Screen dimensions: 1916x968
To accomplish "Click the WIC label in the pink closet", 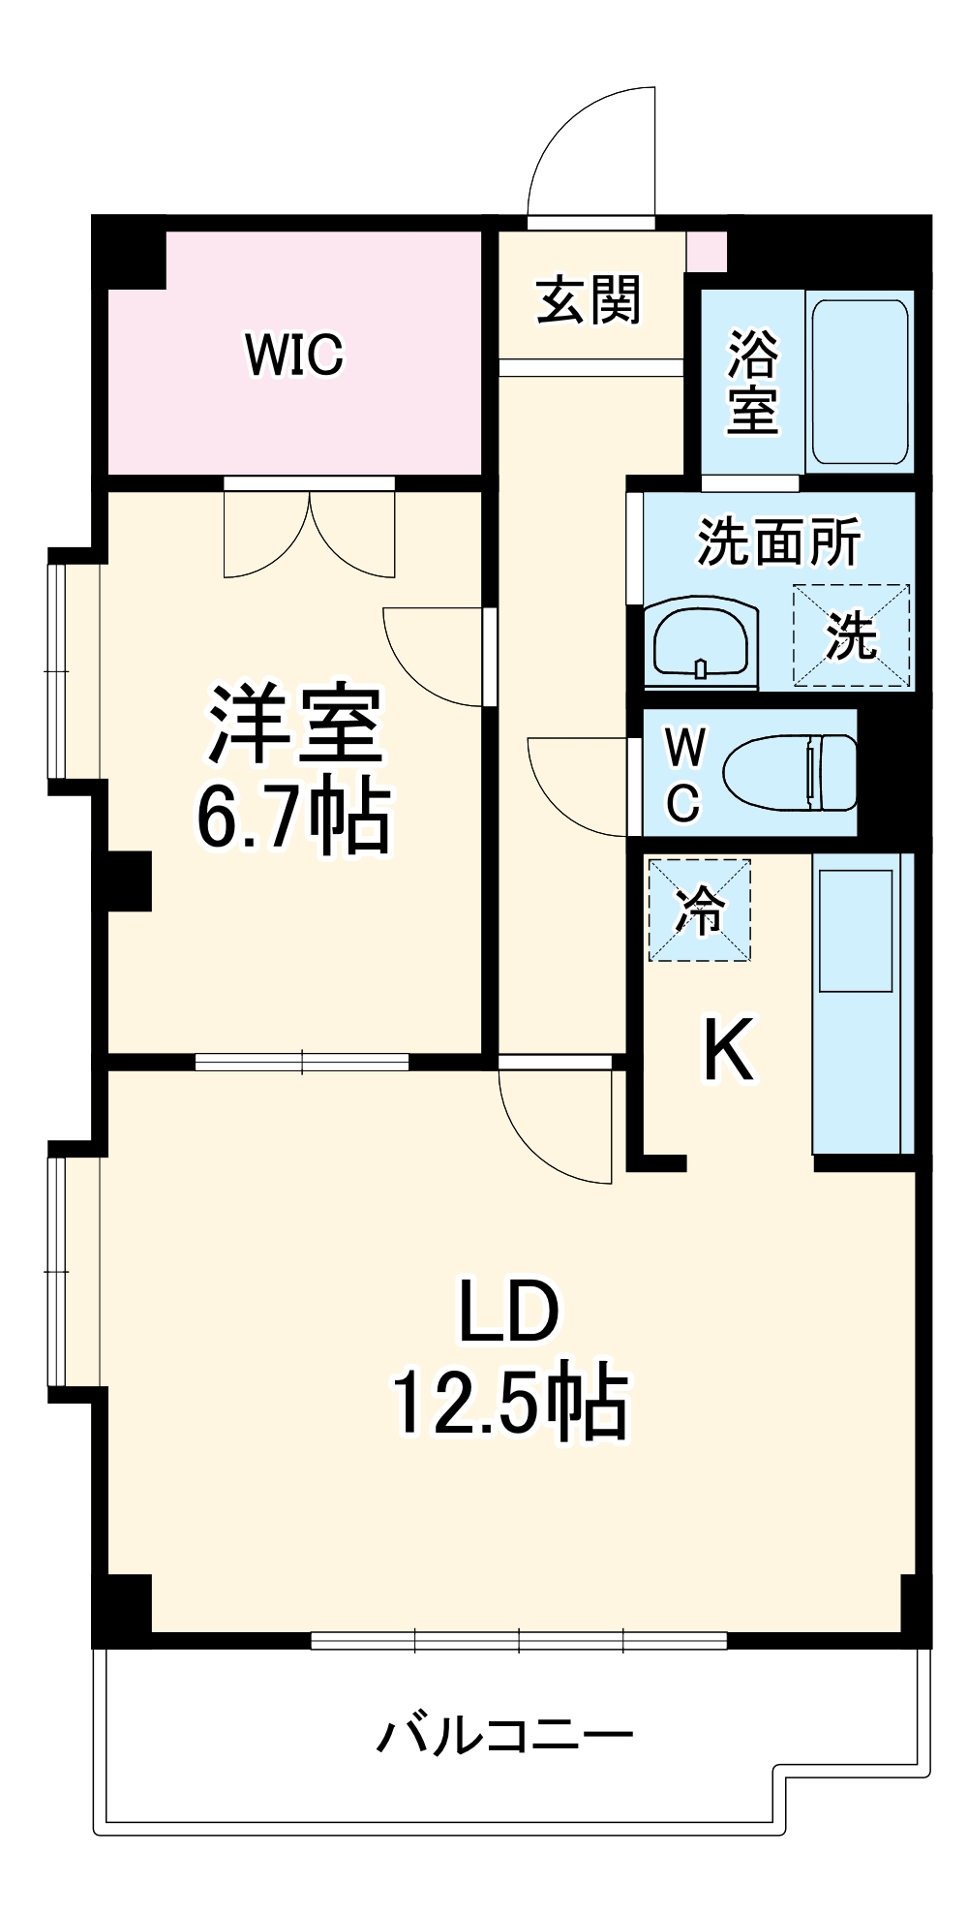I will pos(294,355).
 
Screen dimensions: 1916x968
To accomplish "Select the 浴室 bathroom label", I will pos(752,382).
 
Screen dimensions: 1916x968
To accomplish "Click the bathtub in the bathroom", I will pos(860,382).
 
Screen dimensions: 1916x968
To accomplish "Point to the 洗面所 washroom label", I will pos(778,541).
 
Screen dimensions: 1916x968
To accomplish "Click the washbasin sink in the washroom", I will pos(700,640).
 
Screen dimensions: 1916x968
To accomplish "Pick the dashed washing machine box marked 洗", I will pos(851,635).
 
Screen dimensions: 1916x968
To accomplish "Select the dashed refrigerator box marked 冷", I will pos(699,911).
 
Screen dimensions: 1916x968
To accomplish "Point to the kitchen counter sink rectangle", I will pos(856,930).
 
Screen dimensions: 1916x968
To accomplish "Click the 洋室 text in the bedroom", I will pos(294,725).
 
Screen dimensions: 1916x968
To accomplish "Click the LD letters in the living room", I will pos(509,1313).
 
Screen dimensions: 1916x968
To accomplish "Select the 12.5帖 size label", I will pos(509,1403).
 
